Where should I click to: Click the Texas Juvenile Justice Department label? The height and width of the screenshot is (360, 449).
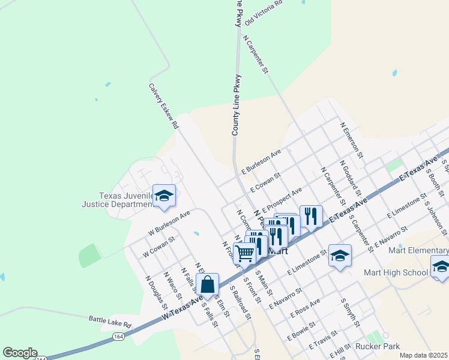[126, 200]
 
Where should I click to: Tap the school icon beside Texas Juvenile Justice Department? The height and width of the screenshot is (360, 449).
[164, 196]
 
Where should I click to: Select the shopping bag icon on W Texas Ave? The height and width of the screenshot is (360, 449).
[207, 285]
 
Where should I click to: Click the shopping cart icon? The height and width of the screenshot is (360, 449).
[244, 253]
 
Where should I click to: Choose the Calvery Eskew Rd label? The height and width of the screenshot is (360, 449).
[164, 106]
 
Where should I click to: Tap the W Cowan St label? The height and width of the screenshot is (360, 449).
[158, 247]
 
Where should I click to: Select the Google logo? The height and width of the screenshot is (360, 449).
[19, 353]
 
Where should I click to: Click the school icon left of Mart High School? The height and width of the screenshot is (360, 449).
[339, 256]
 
